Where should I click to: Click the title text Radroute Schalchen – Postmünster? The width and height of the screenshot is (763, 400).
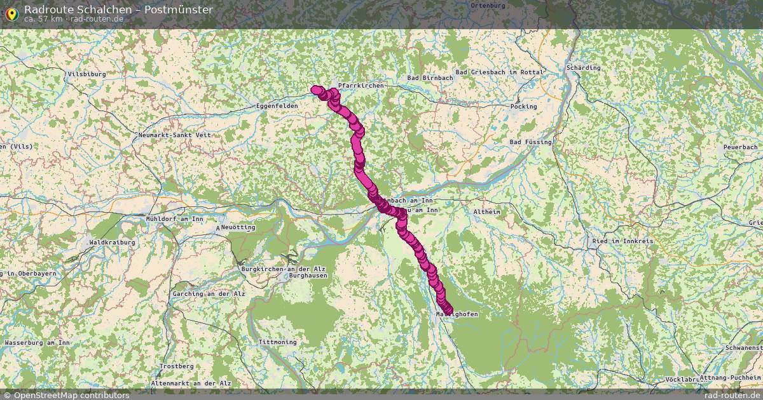[118, 10]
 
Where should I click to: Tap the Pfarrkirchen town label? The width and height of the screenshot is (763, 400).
[361, 85]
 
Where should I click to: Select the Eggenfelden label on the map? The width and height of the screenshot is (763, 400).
[277, 105]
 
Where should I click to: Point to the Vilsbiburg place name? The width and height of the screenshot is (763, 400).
[86, 74]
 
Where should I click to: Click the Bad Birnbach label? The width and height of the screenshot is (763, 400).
[430, 77]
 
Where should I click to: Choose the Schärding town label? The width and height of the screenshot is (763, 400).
[583, 67]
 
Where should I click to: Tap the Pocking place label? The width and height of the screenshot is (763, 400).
[524, 106]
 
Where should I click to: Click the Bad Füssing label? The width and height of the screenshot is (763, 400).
[530, 142]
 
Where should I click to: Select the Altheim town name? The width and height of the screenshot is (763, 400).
[488, 211]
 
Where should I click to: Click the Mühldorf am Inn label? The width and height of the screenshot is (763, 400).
[174, 219]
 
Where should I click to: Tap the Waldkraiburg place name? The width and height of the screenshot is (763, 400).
[112, 243]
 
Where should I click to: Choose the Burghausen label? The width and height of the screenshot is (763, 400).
[308, 276]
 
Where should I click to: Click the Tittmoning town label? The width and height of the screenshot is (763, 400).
[277, 342]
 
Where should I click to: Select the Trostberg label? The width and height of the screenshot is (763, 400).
[177, 366]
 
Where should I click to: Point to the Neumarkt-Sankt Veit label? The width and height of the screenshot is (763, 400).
[174, 135]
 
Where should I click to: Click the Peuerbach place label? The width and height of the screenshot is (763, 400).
[741, 147]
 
